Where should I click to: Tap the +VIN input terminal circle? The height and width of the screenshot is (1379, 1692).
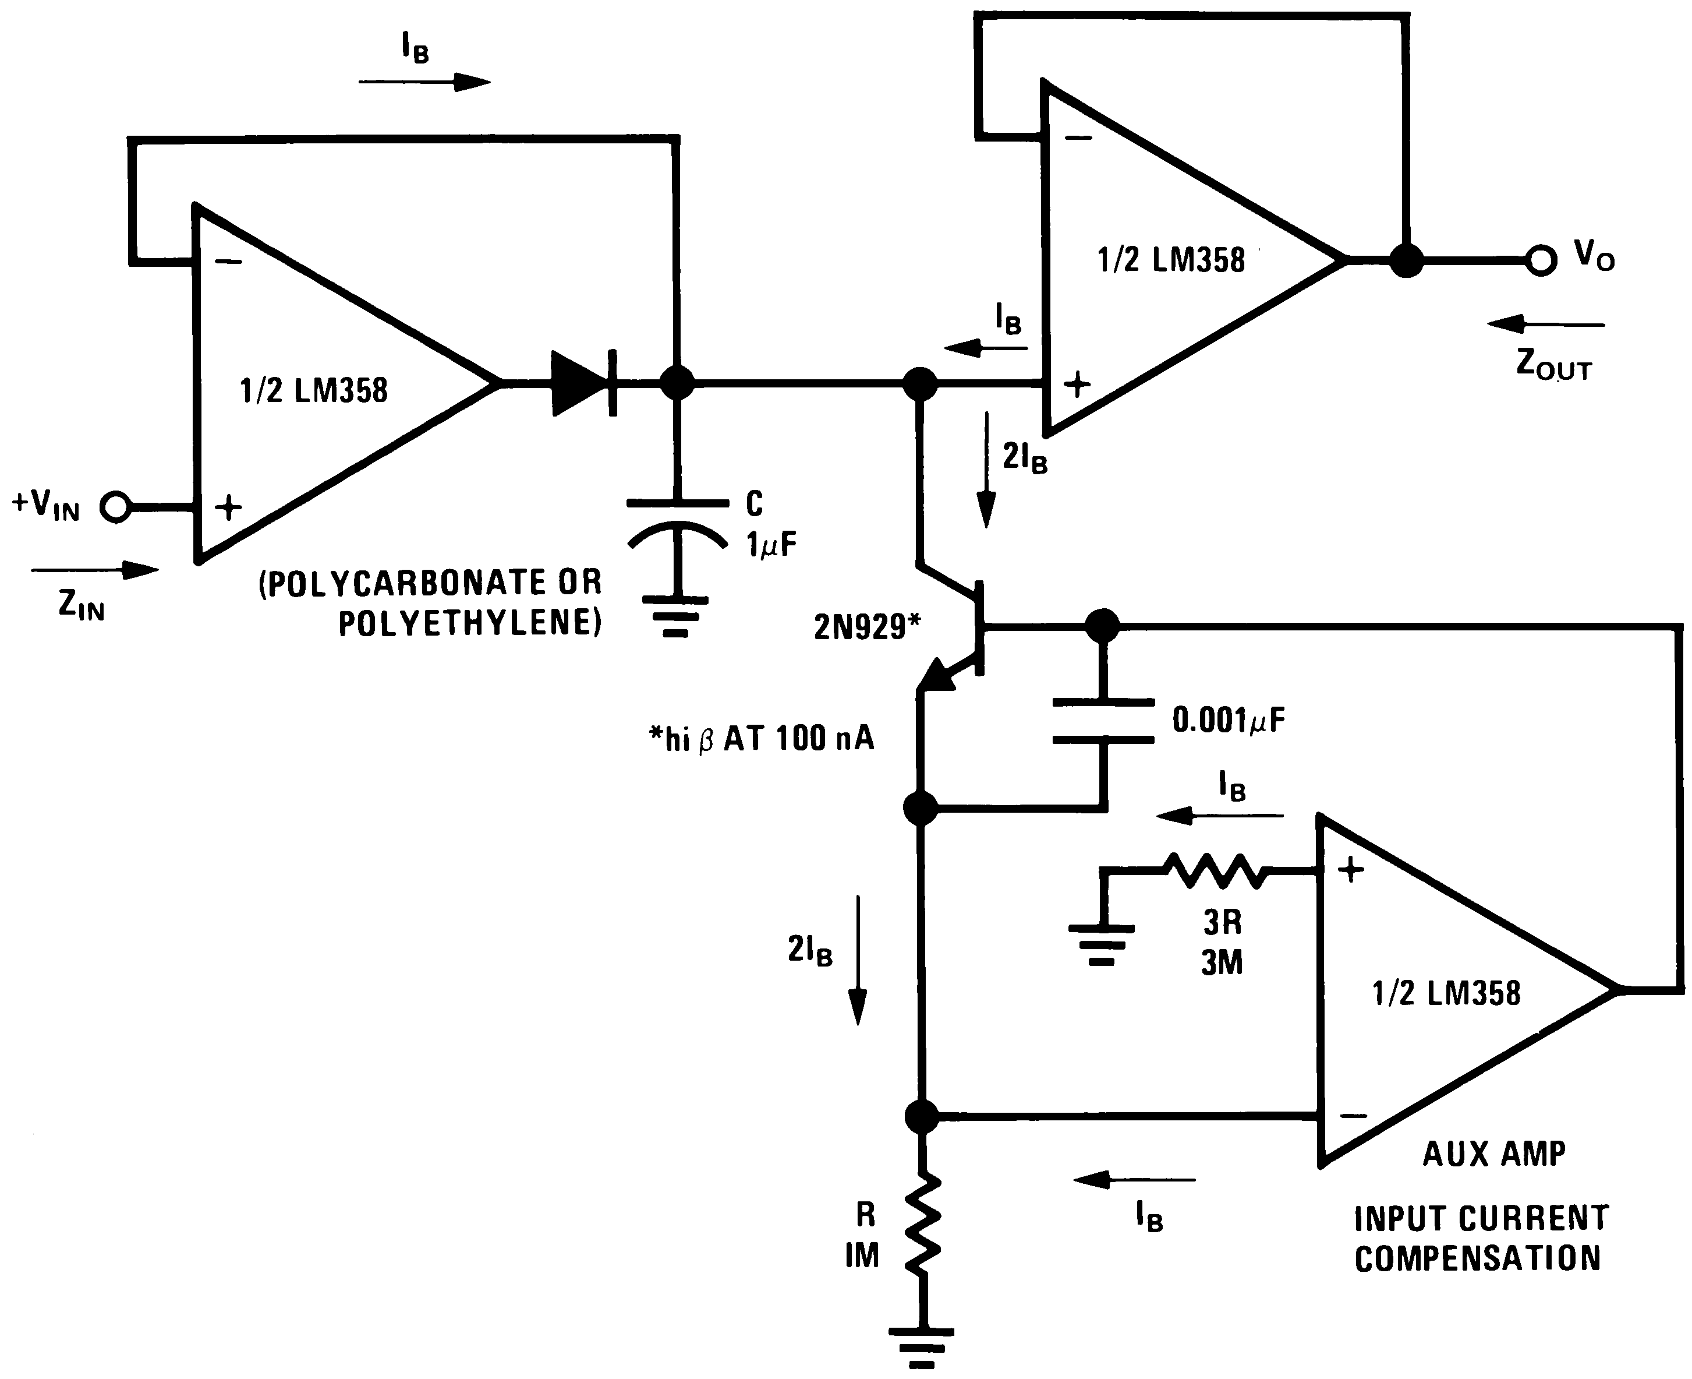[x=116, y=506]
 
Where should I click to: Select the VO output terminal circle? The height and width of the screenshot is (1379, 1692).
[x=1541, y=260]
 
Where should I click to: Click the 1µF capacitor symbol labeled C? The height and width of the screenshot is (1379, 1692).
[x=677, y=524]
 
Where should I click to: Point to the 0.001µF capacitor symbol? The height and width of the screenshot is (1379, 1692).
[x=1103, y=721]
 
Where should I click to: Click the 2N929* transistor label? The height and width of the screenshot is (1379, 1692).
[x=867, y=627]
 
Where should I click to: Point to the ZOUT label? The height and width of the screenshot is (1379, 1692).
[x=1553, y=365]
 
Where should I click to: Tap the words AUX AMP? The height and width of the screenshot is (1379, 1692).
[x=1493, y=1154]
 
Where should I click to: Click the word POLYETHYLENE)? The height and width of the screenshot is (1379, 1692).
[x=470, y=623]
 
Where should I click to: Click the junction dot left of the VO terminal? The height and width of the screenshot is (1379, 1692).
[x=1406, y=260]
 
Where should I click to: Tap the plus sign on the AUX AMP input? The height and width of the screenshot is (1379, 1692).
[x=1351, y=870]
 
